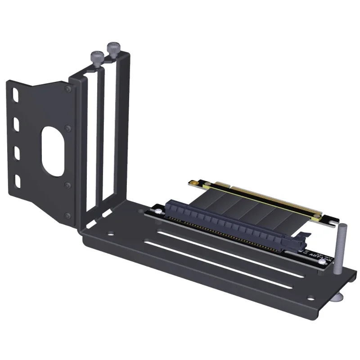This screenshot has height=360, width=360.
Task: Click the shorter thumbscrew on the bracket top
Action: (97, 57)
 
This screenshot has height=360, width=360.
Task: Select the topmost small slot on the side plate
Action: (16, 96)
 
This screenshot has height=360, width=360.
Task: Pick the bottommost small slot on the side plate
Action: (18, 181)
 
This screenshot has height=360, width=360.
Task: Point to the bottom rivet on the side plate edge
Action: (68, 215)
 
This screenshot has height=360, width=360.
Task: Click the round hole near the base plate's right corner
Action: (310, 297)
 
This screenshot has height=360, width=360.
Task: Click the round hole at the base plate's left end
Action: (110, 234)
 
